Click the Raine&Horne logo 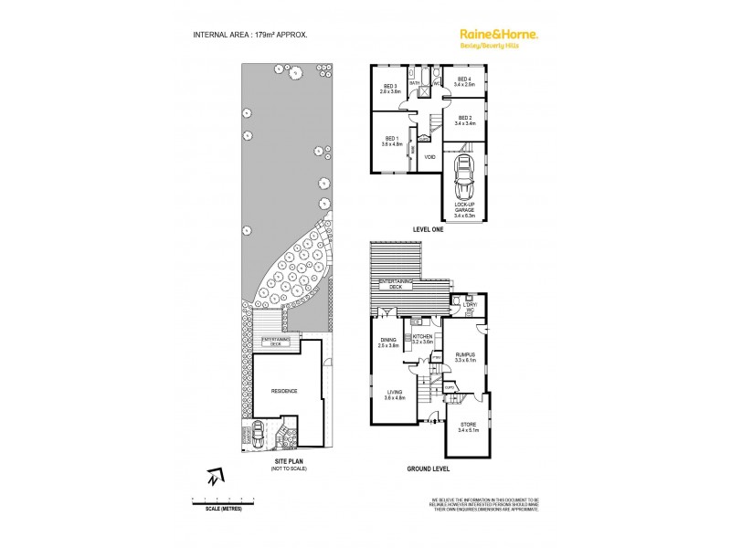pyautogui.click(x=497, y=36)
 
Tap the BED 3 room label pyautogui.click(x=391, y=89)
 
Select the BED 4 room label pyautogui.click(x=464, y=81)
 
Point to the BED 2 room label pyautogui.click(x=464, y=120)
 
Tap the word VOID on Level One pyautogui.click(x=429, y=157)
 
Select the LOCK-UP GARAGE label pyautogui.click(x=464, y=209)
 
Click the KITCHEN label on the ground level pyautogui.click(x=421, y=339)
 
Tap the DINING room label pyautogui.click(x=388, y=343)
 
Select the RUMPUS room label pyautogui.click(x=466, y=357)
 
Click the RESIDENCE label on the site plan pyautogui.click(x=284, y=390)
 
